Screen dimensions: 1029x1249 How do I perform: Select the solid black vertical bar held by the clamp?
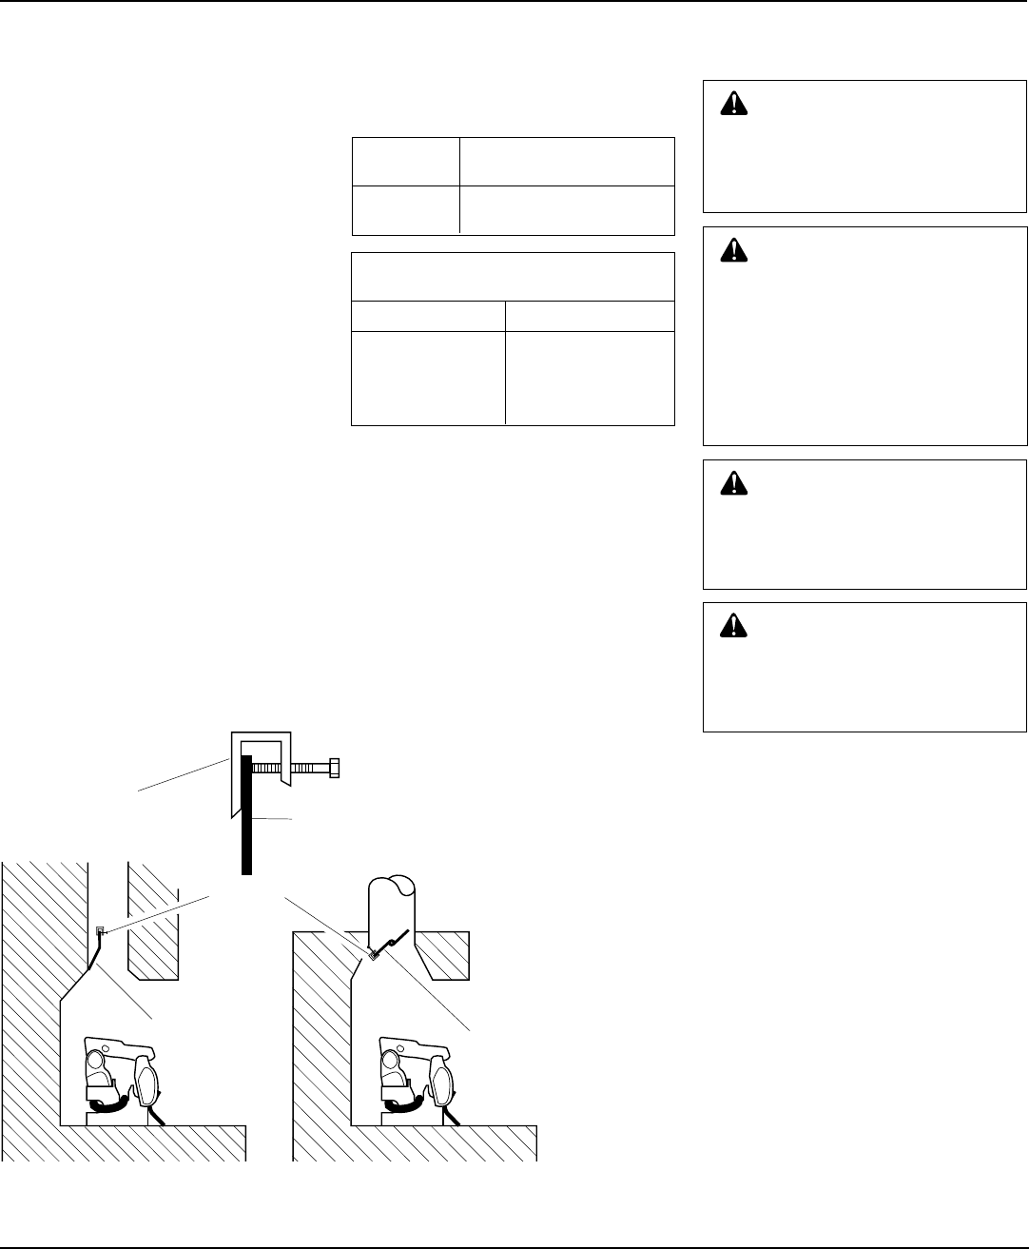pyautogui.click(x=247, y=818)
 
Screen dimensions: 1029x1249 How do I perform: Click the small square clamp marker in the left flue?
pyautogui.click(x=100, y=930)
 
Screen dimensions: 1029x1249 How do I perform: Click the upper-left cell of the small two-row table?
pyautogui.click(x=405, y=162)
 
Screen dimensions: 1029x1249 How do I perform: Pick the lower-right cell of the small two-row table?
pyautogui.click(x=567, y=209)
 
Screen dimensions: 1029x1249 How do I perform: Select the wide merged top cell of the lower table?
pyautogui.click(x=513, y=277)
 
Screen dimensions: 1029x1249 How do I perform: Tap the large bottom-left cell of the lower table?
pyautogui.click(x=428, y=377)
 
